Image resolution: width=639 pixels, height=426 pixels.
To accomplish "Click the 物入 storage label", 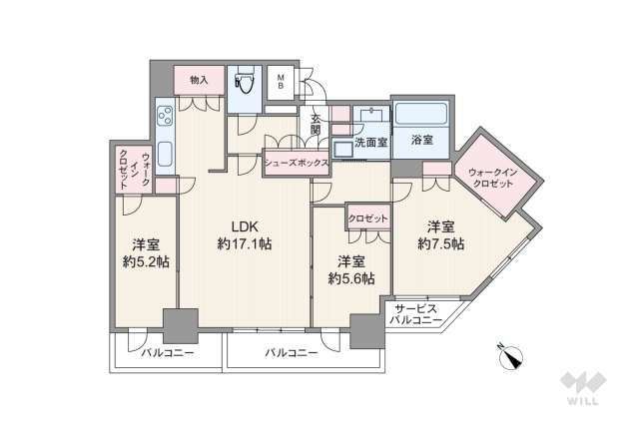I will pyautogui.click(x=198, y=80).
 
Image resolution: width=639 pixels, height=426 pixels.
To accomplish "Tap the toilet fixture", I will pyautogui.click(x=243, y=86).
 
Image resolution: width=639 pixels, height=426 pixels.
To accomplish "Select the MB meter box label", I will pyautogui.click(x=281, y=81).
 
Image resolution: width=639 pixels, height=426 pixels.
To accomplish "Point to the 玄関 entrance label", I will pyautogui.click(x=316, y=124).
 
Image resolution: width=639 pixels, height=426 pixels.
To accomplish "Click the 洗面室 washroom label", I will pyautogui.click(x=367, y=142).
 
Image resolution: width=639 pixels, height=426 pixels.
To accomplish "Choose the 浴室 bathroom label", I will pyautogui.click(x=422, y=142).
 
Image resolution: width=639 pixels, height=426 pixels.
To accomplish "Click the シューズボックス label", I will pyautogui.click(x=297, y=159).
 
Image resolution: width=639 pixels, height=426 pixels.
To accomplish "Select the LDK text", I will pyautogui.click(x=246, y=224).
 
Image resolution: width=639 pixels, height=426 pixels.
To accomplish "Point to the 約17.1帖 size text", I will pyautogui.click(x=246, y=243).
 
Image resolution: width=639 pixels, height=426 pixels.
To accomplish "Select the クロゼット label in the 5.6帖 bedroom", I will pyautogui.click(x=367, y=216).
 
